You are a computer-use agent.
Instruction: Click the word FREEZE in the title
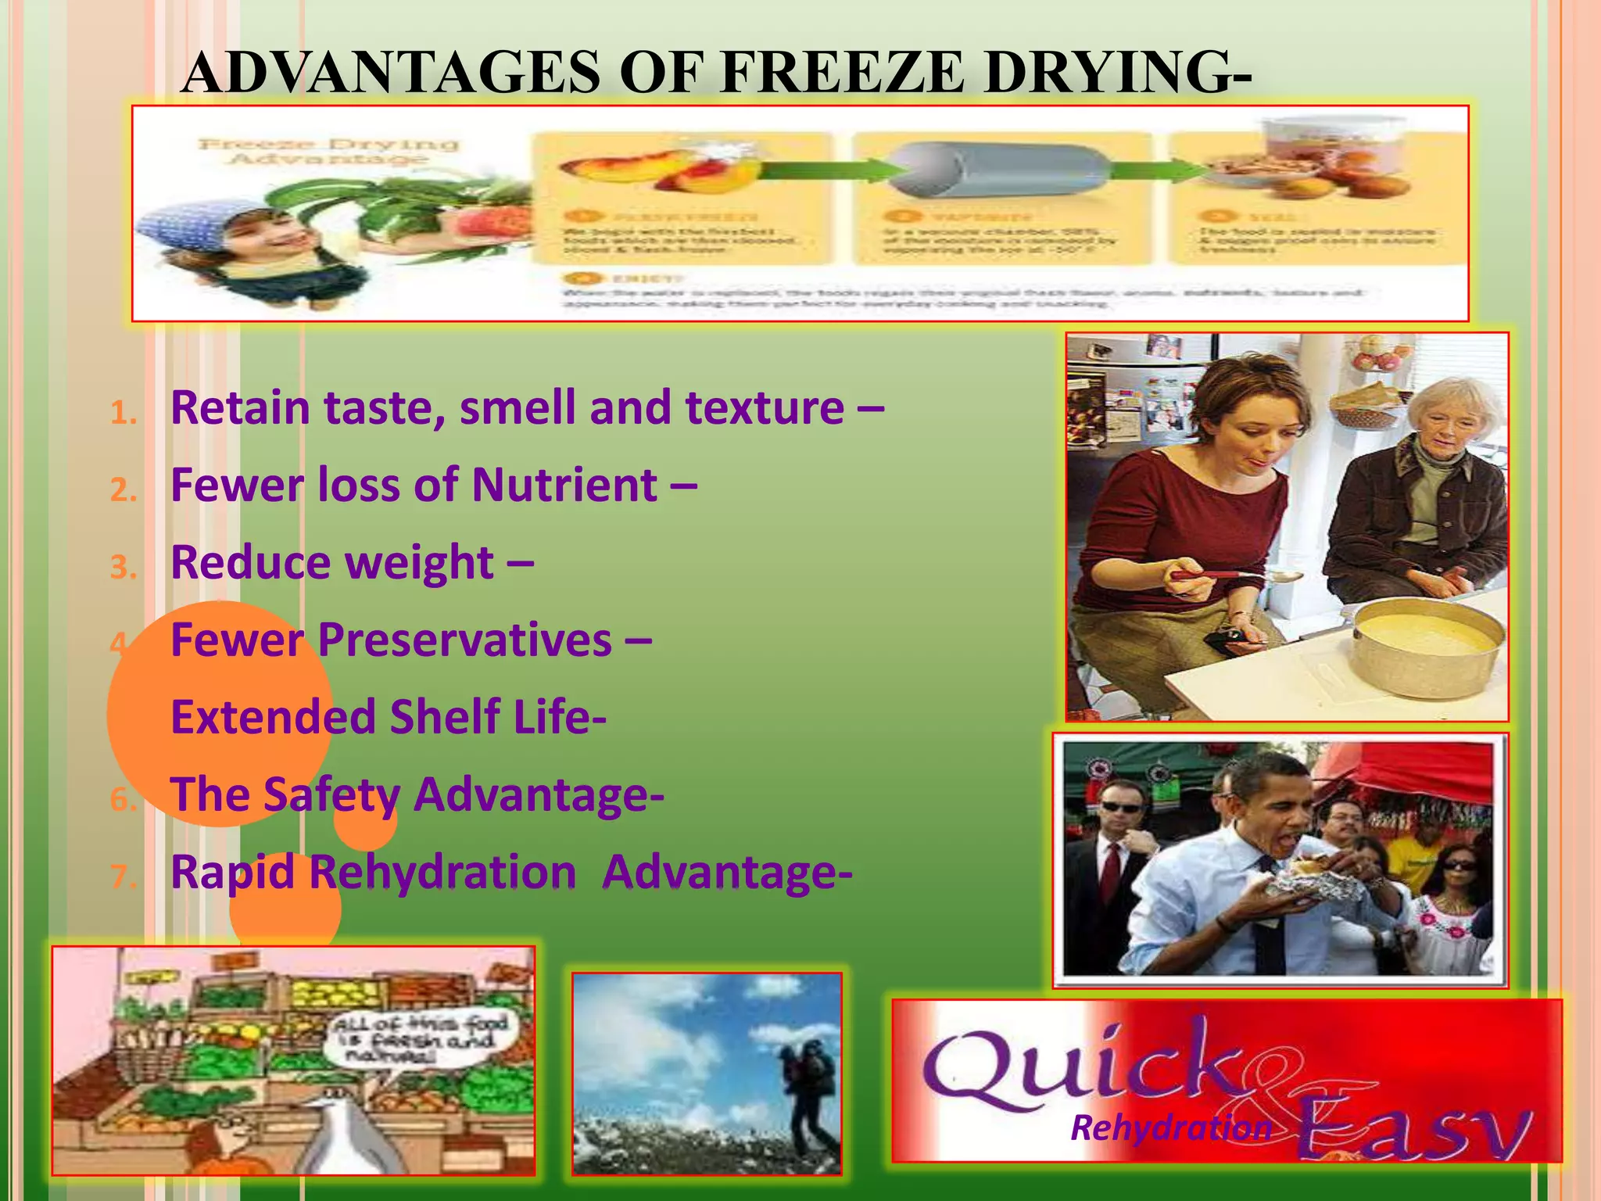coord(843,73)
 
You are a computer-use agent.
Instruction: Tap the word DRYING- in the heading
coord(1117,73)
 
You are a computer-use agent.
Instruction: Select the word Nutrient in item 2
coord(564,486)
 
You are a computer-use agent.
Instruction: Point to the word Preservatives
coord(465,640)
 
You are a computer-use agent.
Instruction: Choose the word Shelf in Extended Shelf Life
coord(445,717)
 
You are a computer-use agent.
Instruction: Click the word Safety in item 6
coord(331,795)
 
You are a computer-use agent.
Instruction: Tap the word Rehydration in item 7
coord(443,873)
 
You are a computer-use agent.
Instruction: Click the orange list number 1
coord(123,413)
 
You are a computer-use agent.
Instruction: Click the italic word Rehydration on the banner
coord(1170,1128)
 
